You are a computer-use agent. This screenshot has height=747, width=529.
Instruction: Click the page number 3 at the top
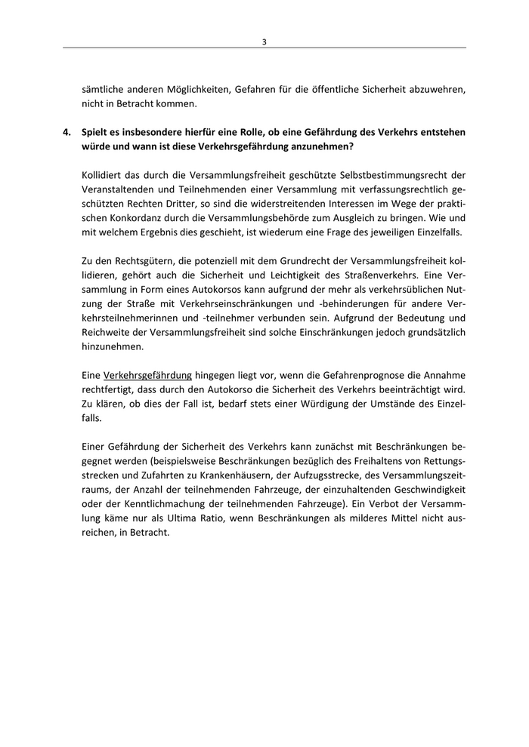click(x=264, y=41)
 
